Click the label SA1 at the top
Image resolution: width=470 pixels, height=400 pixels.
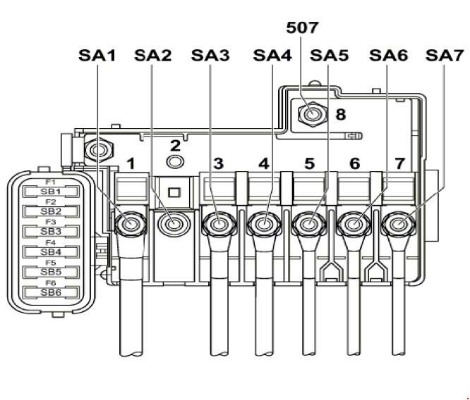(x=97, y=55)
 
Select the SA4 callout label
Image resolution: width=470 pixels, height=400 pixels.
(x=273, y=55)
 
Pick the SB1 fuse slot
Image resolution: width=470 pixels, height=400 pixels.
(x=51, y=191)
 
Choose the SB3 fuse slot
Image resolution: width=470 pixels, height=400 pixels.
(x=51, y=231)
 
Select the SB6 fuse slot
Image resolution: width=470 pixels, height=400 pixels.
(x=51, y=292)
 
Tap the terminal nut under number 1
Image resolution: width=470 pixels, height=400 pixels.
(x=129, y=225)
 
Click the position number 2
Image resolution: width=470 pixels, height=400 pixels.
(x=174, y=146)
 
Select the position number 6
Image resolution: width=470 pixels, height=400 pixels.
(x=354, y=164)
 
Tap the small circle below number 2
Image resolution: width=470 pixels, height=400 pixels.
(x=174, y=163)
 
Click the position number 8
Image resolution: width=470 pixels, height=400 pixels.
(x=340, y=113)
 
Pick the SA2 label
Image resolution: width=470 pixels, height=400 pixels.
(x=152, y=55)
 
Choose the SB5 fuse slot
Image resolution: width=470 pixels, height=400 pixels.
(x=51, y=272)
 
